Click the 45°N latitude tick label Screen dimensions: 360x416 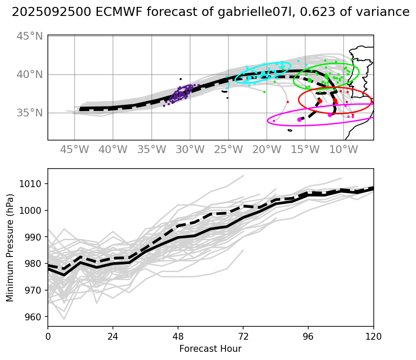[30, 36]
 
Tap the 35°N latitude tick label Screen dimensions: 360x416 [30, 113]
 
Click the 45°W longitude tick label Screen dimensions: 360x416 [74, 150]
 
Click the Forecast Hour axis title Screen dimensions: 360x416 [210, 348]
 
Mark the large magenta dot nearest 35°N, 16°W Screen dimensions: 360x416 [300, 119]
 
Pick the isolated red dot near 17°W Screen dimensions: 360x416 [288, 102]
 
